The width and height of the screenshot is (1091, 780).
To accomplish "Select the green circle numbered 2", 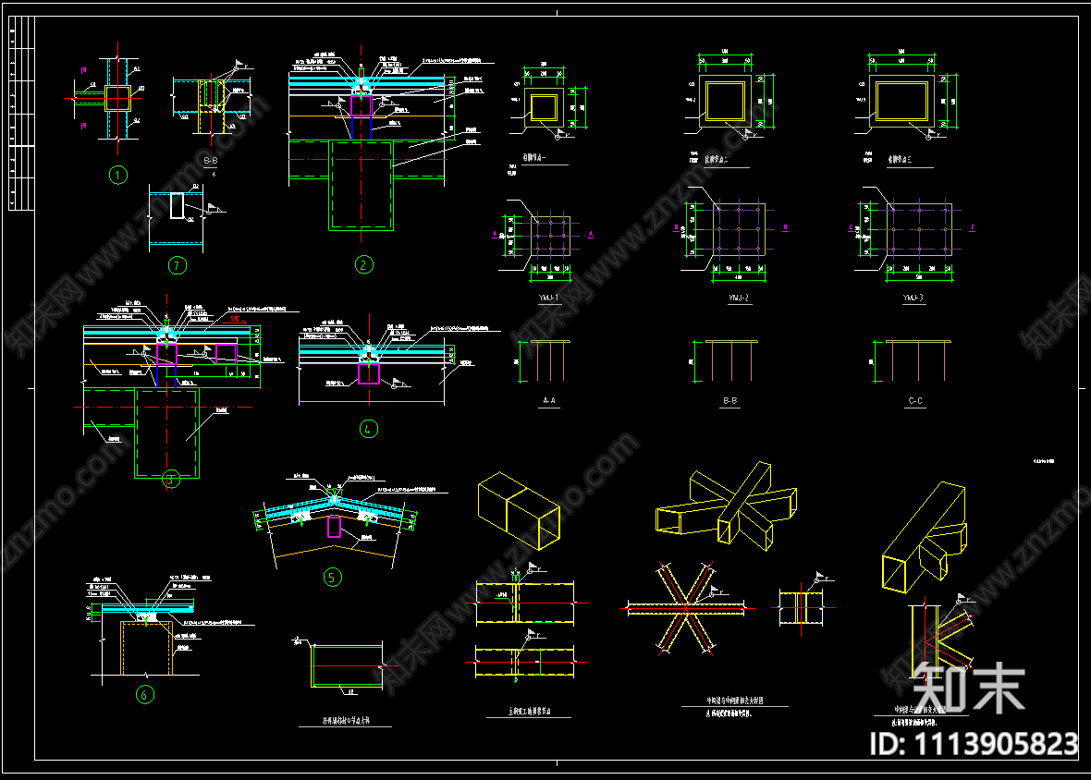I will click(364, 264).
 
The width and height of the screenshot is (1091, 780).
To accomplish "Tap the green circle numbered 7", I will click(178, 265).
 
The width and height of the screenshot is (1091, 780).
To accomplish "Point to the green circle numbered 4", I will click(369, 429).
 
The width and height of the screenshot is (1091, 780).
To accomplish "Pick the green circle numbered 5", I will click(332, 578).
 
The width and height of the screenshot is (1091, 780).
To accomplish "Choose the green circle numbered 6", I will click(144, 695).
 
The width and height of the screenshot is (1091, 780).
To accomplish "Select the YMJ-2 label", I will click(738, 298).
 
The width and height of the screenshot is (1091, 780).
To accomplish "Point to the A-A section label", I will click(548, 401).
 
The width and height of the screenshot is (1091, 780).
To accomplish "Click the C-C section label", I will click(914, 401).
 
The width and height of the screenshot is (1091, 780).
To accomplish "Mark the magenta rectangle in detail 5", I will click(335, 527).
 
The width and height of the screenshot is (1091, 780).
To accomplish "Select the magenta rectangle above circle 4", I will click(369, 372).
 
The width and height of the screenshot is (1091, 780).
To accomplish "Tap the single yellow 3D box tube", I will click(518, 506).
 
